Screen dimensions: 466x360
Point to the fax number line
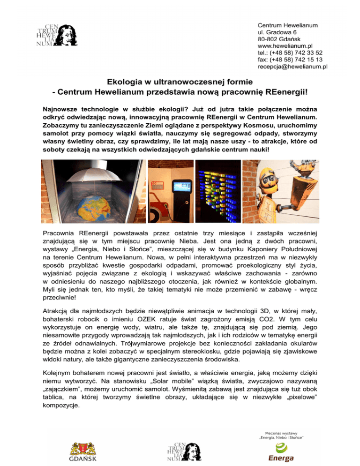point(290,60)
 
